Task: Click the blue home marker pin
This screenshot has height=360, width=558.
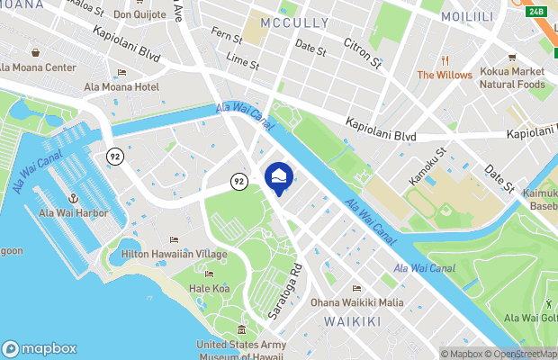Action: coord(279,177)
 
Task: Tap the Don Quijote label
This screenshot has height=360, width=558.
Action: coord(139,15)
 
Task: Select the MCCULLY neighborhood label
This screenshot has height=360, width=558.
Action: coord(293,21)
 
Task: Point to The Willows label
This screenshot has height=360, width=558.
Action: coord(445,75)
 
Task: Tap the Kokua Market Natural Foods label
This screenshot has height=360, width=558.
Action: coord(512,77)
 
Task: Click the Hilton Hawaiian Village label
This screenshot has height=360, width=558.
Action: coord(174,255)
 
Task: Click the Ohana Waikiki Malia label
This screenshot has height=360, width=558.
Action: coord(356,302)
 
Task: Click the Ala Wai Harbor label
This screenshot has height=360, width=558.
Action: coord(73,213)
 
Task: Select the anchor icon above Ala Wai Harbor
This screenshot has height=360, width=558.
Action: coord(73,197)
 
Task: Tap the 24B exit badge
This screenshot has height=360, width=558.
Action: coord(537,11)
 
